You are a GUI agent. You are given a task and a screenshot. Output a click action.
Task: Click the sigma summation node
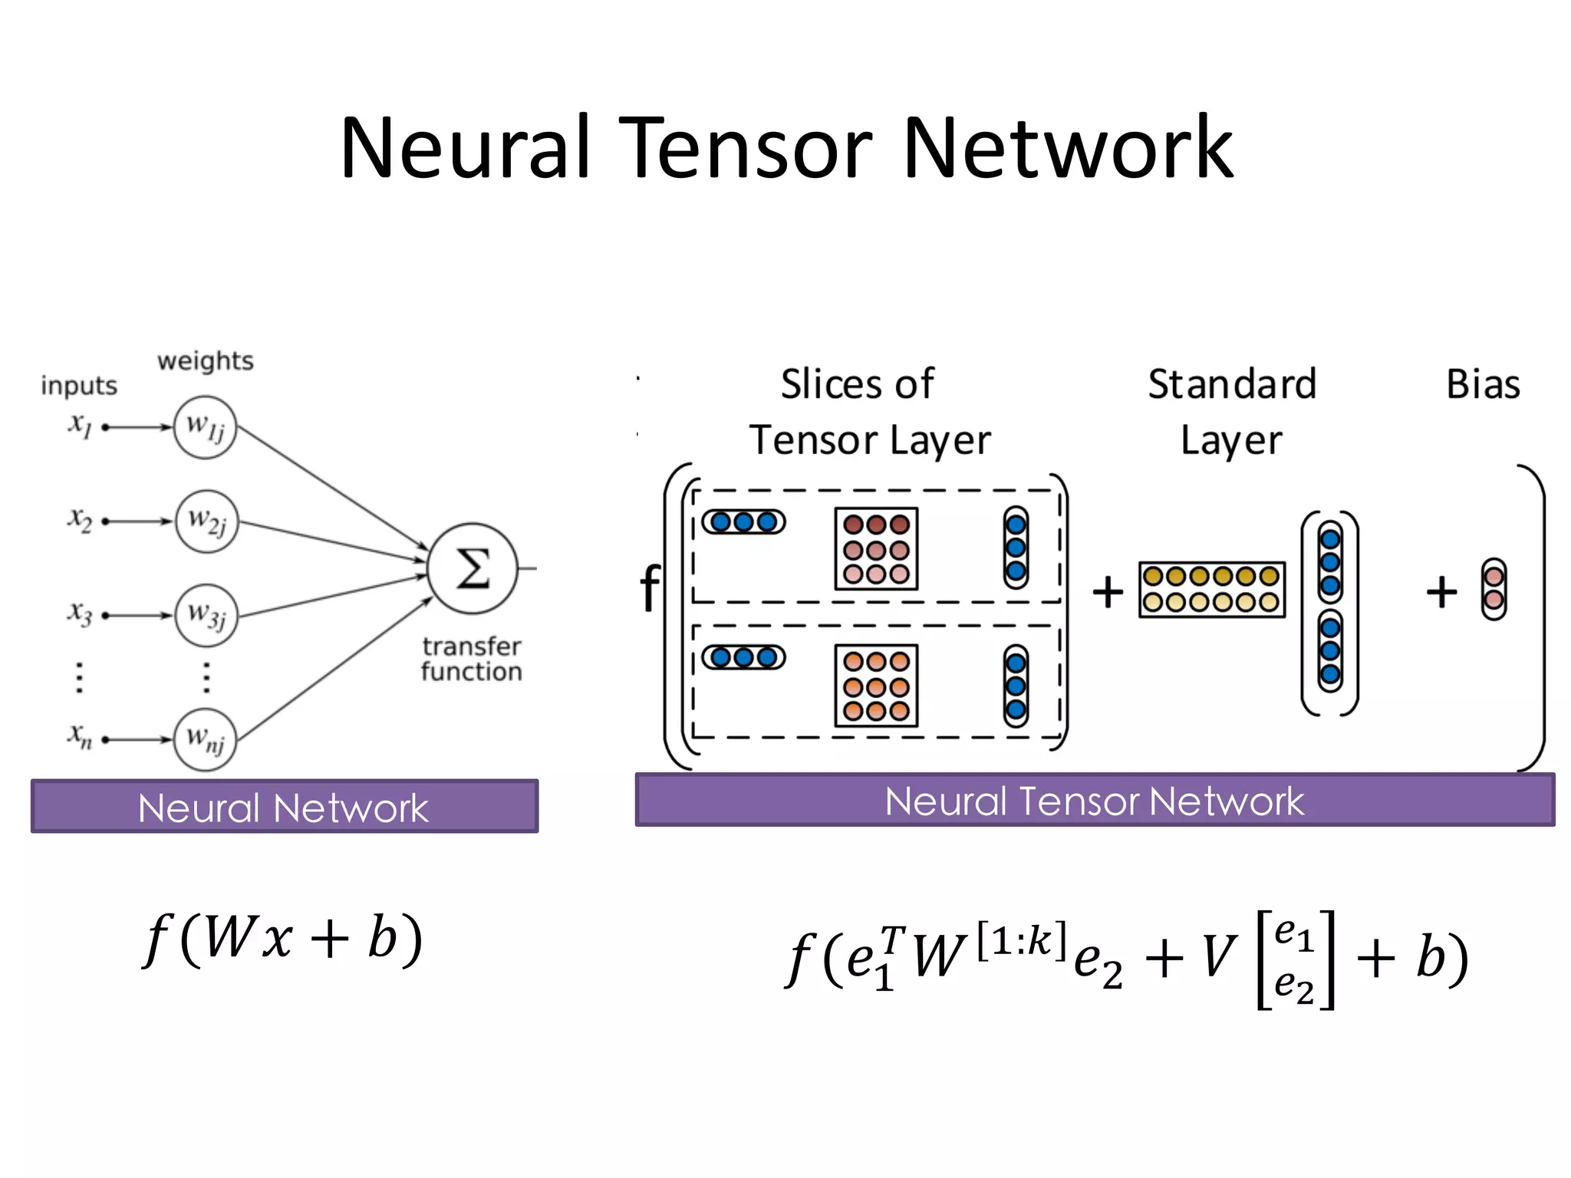[473, 568]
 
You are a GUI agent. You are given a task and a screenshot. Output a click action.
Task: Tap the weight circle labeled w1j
[205, 427]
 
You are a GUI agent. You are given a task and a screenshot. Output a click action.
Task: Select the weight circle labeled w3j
[206, 616]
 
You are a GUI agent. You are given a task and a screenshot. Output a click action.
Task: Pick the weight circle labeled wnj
[205, 739]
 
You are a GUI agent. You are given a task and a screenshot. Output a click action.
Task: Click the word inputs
[79, 385]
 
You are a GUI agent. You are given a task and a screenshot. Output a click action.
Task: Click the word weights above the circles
[206, 360]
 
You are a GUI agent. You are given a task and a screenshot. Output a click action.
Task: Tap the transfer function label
[471, 659]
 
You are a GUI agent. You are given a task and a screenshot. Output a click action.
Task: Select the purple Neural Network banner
[284, 807]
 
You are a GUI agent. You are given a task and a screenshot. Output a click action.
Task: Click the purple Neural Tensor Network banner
[1094, 801]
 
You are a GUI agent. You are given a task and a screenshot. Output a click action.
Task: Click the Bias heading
[1482, 384]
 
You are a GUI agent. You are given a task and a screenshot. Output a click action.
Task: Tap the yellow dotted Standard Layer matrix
[1211, 589]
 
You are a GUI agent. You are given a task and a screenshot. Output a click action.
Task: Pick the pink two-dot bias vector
[1493, 589]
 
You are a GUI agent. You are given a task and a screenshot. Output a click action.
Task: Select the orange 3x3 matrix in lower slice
[876, 686]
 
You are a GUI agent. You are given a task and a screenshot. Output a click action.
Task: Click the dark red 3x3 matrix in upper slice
[876, 549]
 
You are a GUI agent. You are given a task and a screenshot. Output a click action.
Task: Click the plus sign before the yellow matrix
[1108, 592]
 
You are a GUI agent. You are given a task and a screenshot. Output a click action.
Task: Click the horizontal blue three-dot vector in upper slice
[743, 522]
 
